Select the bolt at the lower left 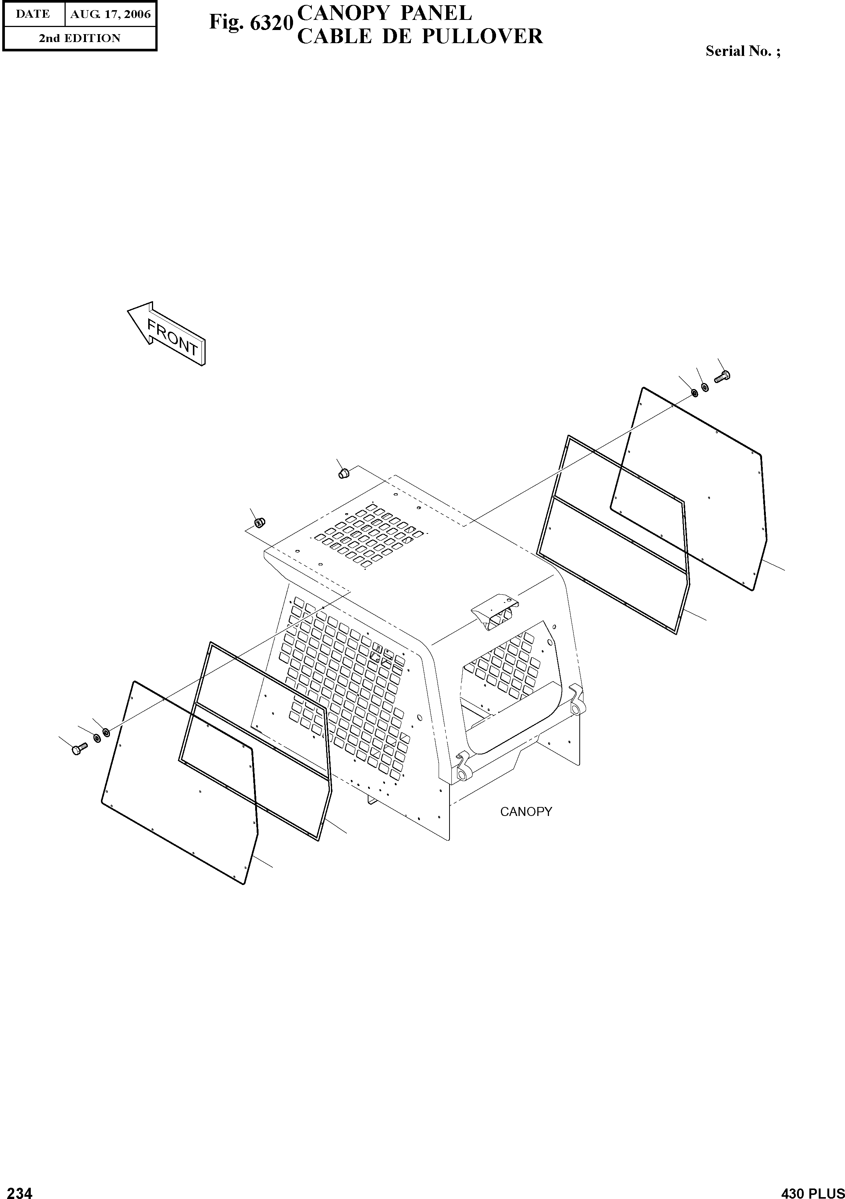[x=79, y=750]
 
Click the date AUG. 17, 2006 [x=110, y=14]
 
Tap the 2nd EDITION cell [x=80, y=38]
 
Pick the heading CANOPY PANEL [x=384, y=12]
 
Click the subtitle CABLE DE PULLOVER [x=419, y=36]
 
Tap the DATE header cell [x=33, y=14]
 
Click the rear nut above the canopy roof [x=343, y=474]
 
